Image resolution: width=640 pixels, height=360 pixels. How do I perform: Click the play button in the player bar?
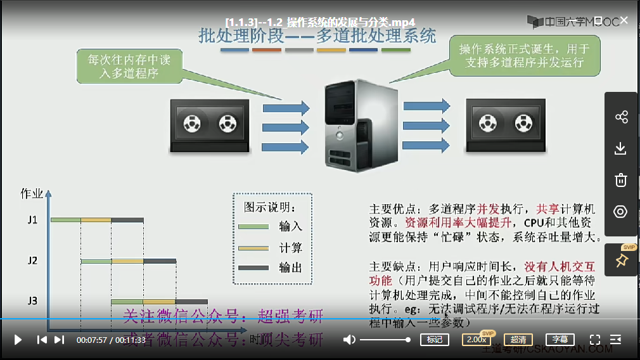tap(18, 340)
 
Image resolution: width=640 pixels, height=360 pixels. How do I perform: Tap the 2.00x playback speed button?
tap(476, 340)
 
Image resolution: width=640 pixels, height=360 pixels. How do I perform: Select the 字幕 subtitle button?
tap(560, 340)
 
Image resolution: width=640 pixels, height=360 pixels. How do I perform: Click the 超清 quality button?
tap(518, 340)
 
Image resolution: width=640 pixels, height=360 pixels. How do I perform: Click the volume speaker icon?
tap(349, 340)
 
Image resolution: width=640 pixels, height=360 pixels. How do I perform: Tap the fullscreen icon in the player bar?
tap(595, 340)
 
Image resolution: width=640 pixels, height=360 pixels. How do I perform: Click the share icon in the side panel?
tap(621, 117)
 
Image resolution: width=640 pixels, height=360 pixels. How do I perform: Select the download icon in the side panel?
tap(621, 148)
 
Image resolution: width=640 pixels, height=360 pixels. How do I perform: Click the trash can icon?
tap(621, 180)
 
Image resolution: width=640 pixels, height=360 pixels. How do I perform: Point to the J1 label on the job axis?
tap(32, 220)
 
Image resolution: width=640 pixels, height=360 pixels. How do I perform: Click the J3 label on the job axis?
tap(32, 300)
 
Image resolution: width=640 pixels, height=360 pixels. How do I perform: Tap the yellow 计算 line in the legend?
tap(253, 247)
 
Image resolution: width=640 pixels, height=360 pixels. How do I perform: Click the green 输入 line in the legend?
tap(253, 226)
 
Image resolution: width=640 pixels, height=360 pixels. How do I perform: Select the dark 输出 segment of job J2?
tap(160, 260)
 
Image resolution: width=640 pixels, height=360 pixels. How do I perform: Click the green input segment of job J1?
tap(66, 220)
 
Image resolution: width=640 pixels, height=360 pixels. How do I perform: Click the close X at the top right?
tap(624, 20)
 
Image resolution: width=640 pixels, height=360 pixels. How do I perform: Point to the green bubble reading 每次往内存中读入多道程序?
tap(130, 66)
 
